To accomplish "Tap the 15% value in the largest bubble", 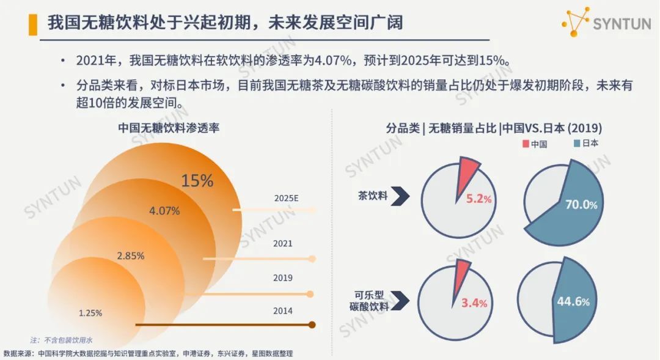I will pyautogui.click(x=197, y=181).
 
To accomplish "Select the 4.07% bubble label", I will pyautogui.click(x=164, y=211).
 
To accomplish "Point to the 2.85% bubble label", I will pyautogui.click(x=130, y=255).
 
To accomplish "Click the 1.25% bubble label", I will pyautogui.click(x=90, y=313).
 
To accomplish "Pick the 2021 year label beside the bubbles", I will pyautogui.click(x=282, y=243).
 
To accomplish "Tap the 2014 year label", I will pyautogui.click(x=282, y=310).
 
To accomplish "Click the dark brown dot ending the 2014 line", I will pyautogui.click(x=312, y=325).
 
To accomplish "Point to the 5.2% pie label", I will pyautogui.click(x=479, y=199).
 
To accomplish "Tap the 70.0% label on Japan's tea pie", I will pyautogui.click(x=581, y=205).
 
